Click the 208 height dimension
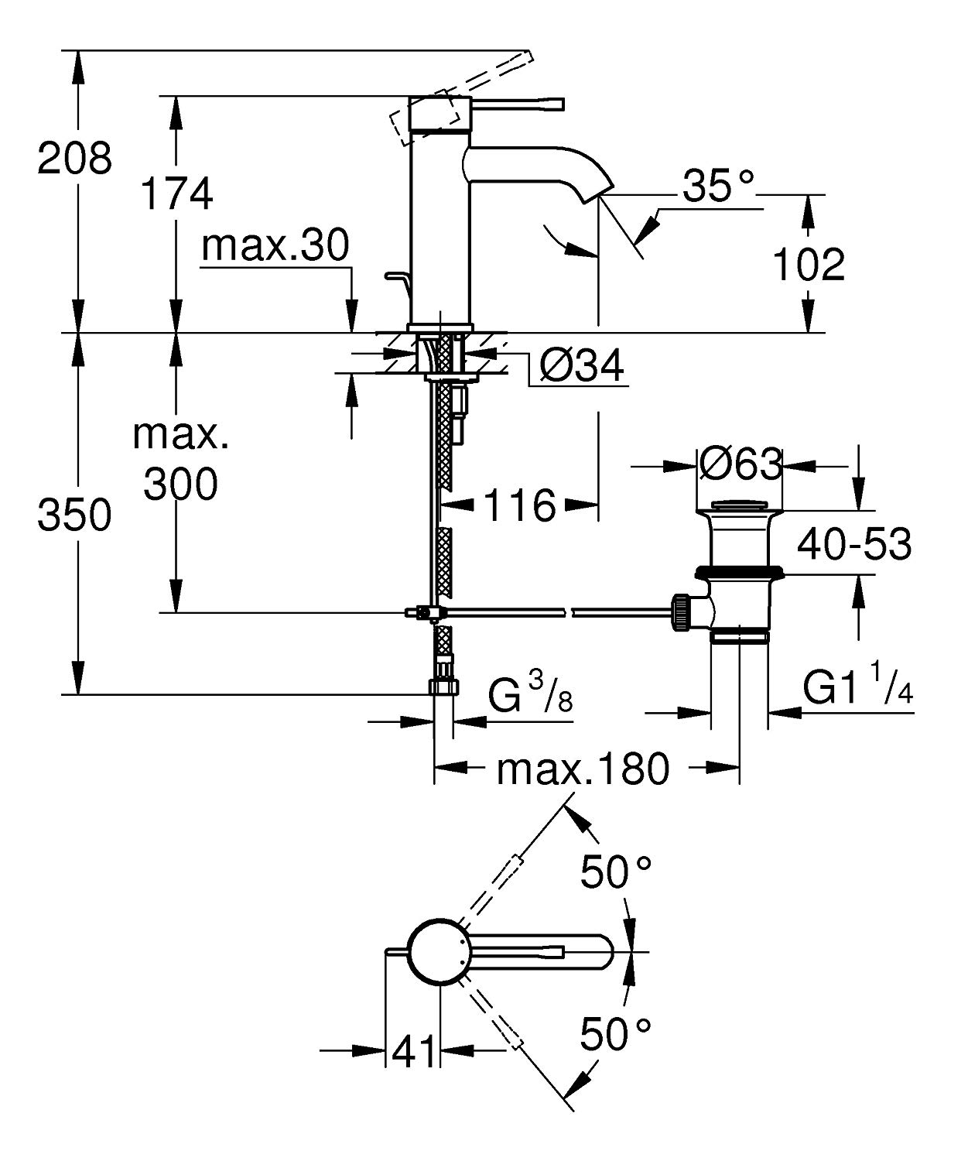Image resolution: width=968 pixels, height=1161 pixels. pos(75,159)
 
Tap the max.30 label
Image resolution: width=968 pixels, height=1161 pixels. pos(275,246)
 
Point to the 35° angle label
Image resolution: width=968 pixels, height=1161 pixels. pos(718,187)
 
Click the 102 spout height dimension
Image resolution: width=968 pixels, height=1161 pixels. pos(809,265)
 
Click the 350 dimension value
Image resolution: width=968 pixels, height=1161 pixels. pos(75,515)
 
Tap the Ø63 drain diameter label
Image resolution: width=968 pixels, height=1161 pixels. pos(741,464)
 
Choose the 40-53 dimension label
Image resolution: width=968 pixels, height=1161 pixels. pos(854,544)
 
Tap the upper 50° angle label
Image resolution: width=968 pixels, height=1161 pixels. pos(616,873)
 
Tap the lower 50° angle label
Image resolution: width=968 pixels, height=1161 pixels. pos(616,1034)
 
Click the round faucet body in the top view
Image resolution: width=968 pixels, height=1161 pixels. pos(438,953)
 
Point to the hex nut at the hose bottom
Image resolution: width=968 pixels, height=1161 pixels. pos(443,686)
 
